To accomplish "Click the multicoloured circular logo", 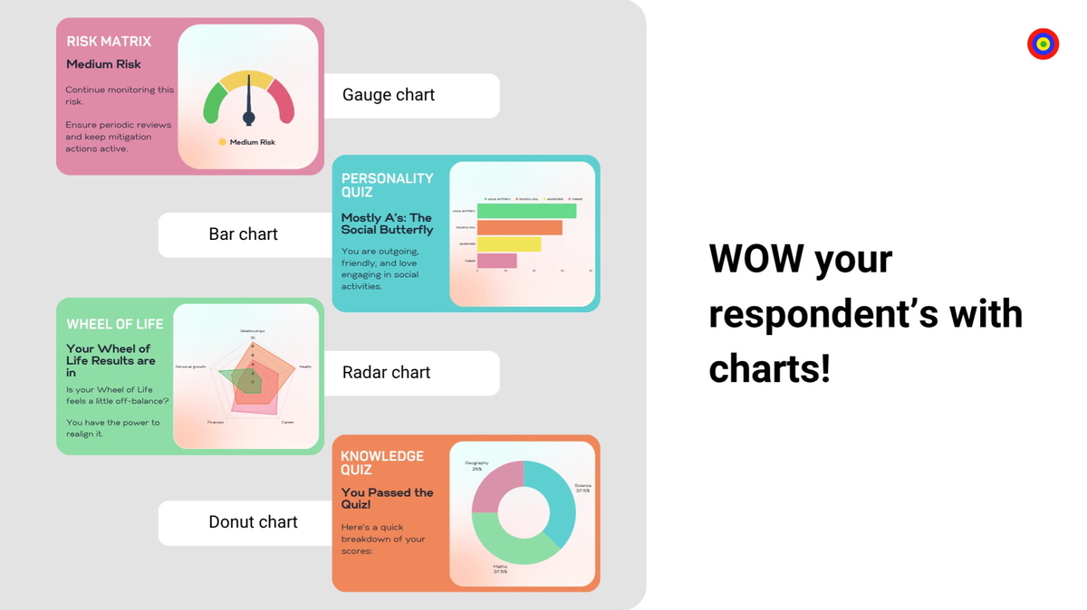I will [1043, 43].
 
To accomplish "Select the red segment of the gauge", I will [284, 100].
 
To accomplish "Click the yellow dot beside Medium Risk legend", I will [223, 142].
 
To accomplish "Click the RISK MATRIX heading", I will [109, 41].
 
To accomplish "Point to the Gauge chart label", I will [389, 95].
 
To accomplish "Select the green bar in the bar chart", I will [526, 211].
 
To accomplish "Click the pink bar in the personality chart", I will [496, 261].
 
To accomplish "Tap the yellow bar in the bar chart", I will [508, 244].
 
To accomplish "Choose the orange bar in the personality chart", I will [519, 227].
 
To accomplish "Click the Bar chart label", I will [243, 234].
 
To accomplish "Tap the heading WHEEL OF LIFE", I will [113, 324].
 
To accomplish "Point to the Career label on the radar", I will [287, 422].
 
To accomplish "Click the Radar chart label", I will [386, 373].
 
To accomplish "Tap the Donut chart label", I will [253, 522].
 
